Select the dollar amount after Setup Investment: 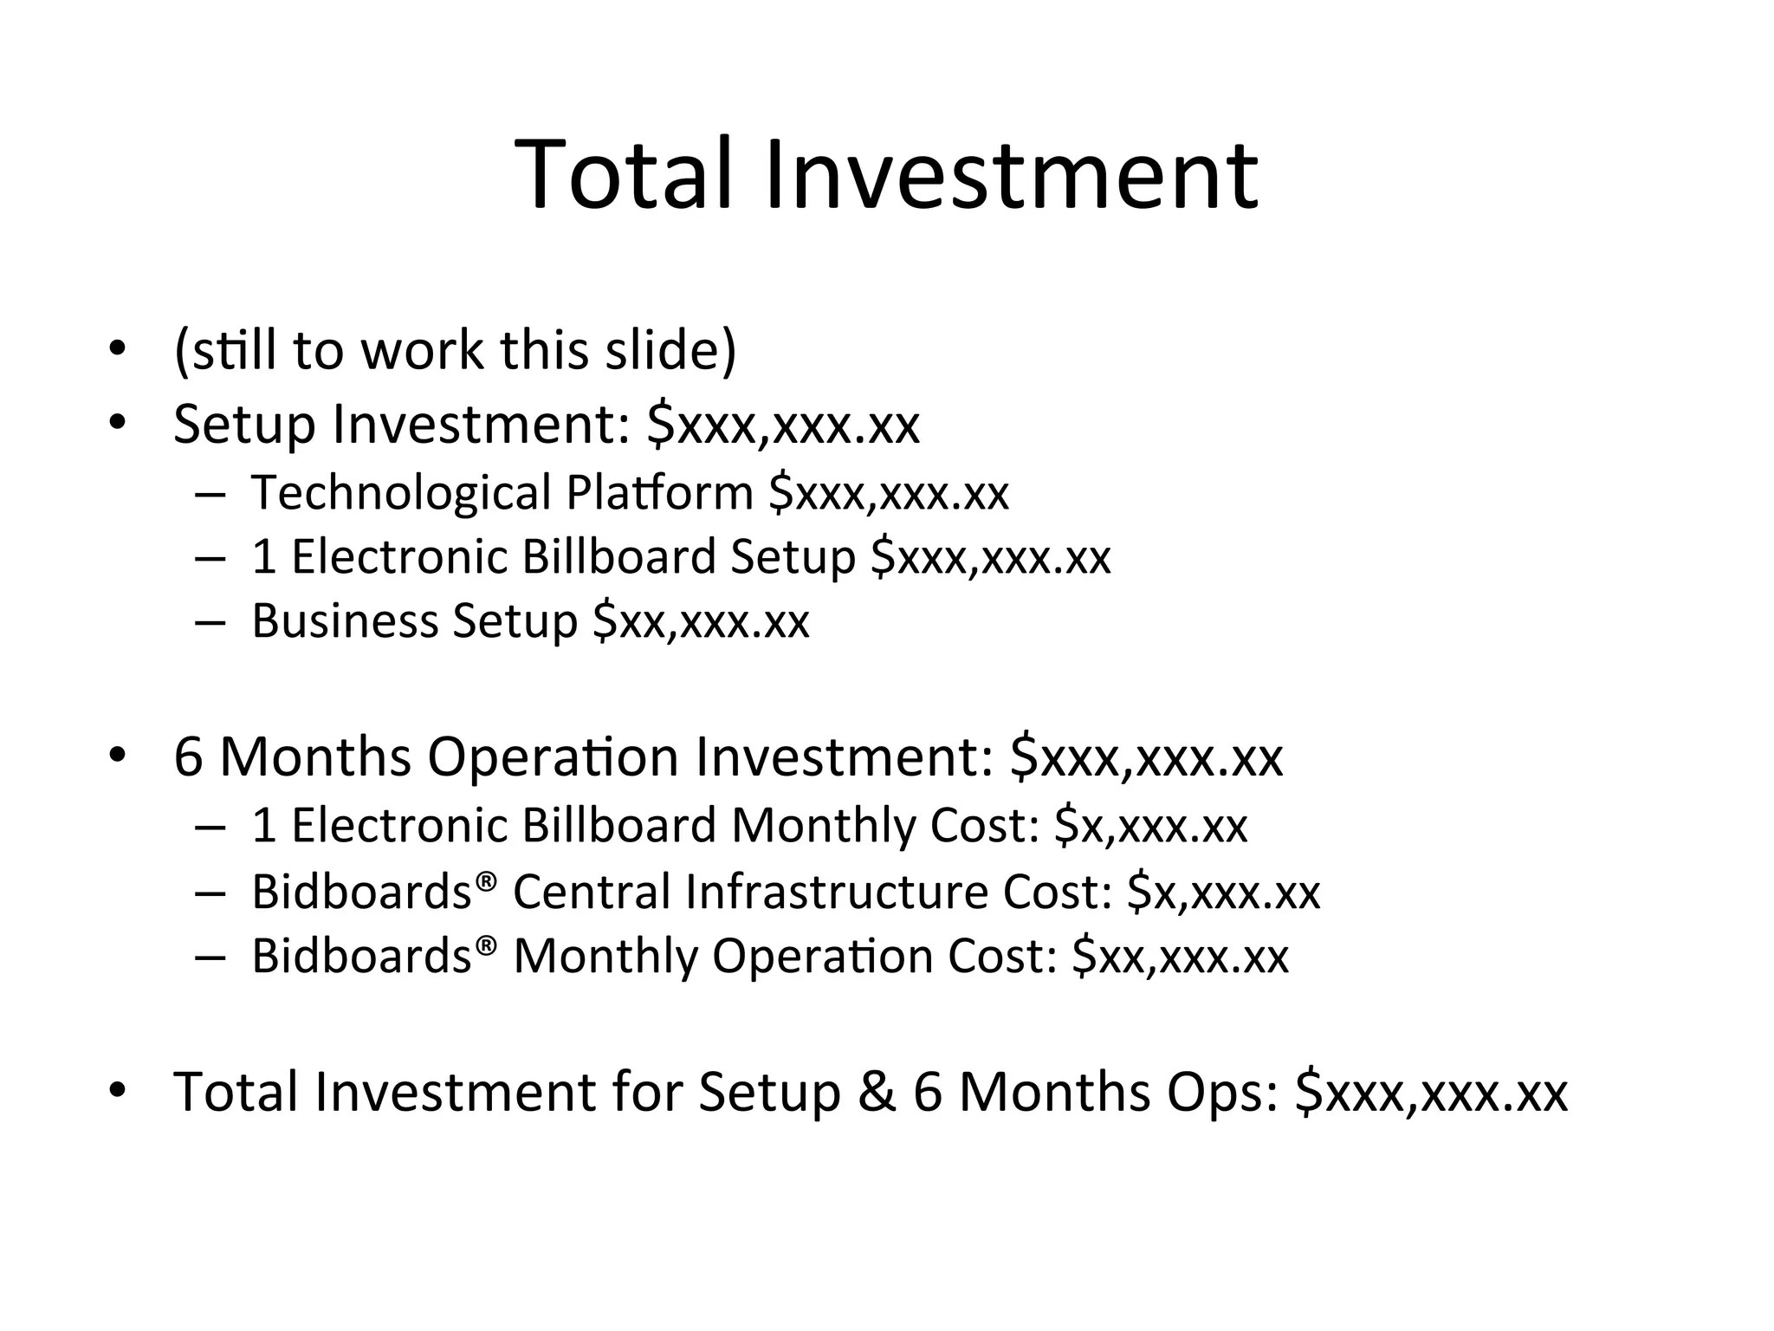783,425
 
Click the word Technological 401,492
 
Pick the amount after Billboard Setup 990,556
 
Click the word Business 345,620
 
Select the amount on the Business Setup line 701,621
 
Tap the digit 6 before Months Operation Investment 188,756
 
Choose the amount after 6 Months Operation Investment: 1147,756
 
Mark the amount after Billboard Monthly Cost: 1150,825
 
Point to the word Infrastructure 836,891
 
